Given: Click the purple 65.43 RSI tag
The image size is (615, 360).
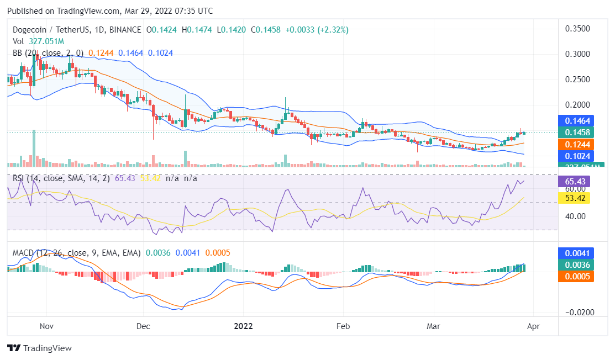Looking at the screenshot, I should coord(576,182).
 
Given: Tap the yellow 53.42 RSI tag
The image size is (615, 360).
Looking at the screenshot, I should coord(576,198).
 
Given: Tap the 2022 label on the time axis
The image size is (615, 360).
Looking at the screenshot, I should coord(243,326).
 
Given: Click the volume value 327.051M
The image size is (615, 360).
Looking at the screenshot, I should coord(46,41).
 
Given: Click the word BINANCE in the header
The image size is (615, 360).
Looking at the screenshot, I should coord(124,30).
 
